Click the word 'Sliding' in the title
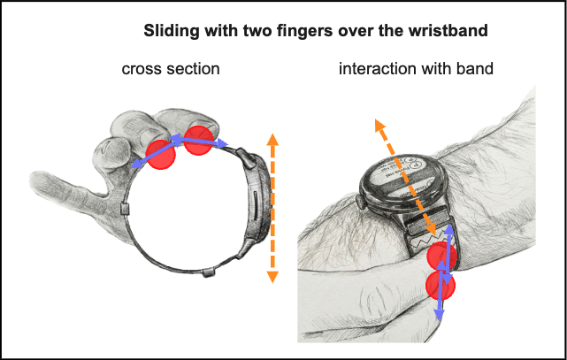(169, 32)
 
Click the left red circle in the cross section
(161, 153)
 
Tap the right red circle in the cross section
(199, 141)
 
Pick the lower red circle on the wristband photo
(440, 286)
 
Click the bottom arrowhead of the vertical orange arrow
(272, 277)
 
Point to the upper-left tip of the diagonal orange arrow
(378, 125)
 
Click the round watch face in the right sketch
(413, 177)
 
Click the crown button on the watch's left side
(362, 188)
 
